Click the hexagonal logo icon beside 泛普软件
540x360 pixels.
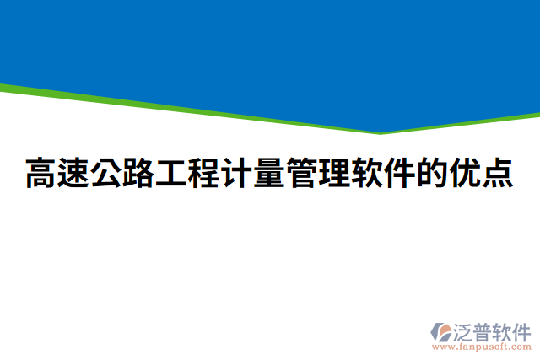[442, 331]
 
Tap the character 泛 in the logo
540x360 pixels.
[464, 330]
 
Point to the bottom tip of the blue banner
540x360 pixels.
[381, 132]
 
